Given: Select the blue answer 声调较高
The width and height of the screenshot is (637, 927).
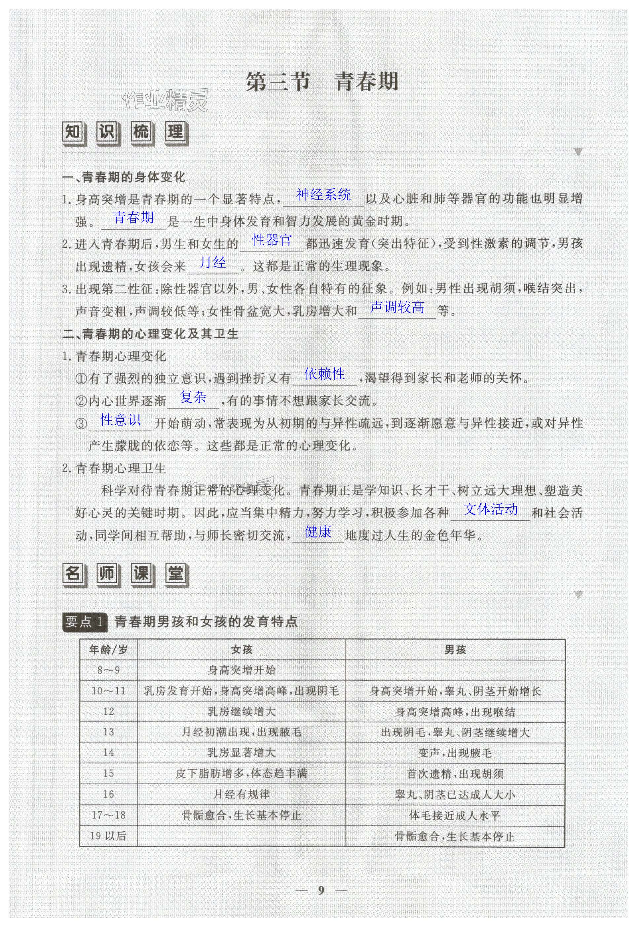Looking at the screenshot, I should tap(397, 307).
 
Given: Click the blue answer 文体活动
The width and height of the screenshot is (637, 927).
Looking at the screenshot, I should tap(491, 509).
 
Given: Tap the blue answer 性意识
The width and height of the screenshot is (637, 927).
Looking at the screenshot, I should tap(121, 420).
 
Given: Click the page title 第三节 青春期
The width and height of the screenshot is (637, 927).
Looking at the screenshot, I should tap(322, 82).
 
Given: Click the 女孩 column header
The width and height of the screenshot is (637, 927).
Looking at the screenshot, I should tap(242, 650).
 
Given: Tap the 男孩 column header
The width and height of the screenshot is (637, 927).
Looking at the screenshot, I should tap(455, 650).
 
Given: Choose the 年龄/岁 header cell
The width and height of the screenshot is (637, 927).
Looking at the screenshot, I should tap(109, 650).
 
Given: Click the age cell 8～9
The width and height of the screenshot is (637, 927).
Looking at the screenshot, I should tap(109, 670).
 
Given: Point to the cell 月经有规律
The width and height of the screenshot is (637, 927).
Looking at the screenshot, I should tap(242, 794).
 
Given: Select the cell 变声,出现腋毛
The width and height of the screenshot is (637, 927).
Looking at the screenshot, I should tap(455, 753).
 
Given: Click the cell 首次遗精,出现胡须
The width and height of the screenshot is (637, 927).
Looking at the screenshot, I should tap(455, 774).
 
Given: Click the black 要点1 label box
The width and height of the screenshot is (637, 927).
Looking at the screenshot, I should tap(85, 622).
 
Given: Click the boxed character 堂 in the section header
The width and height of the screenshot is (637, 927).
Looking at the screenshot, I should tap(175, 574).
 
